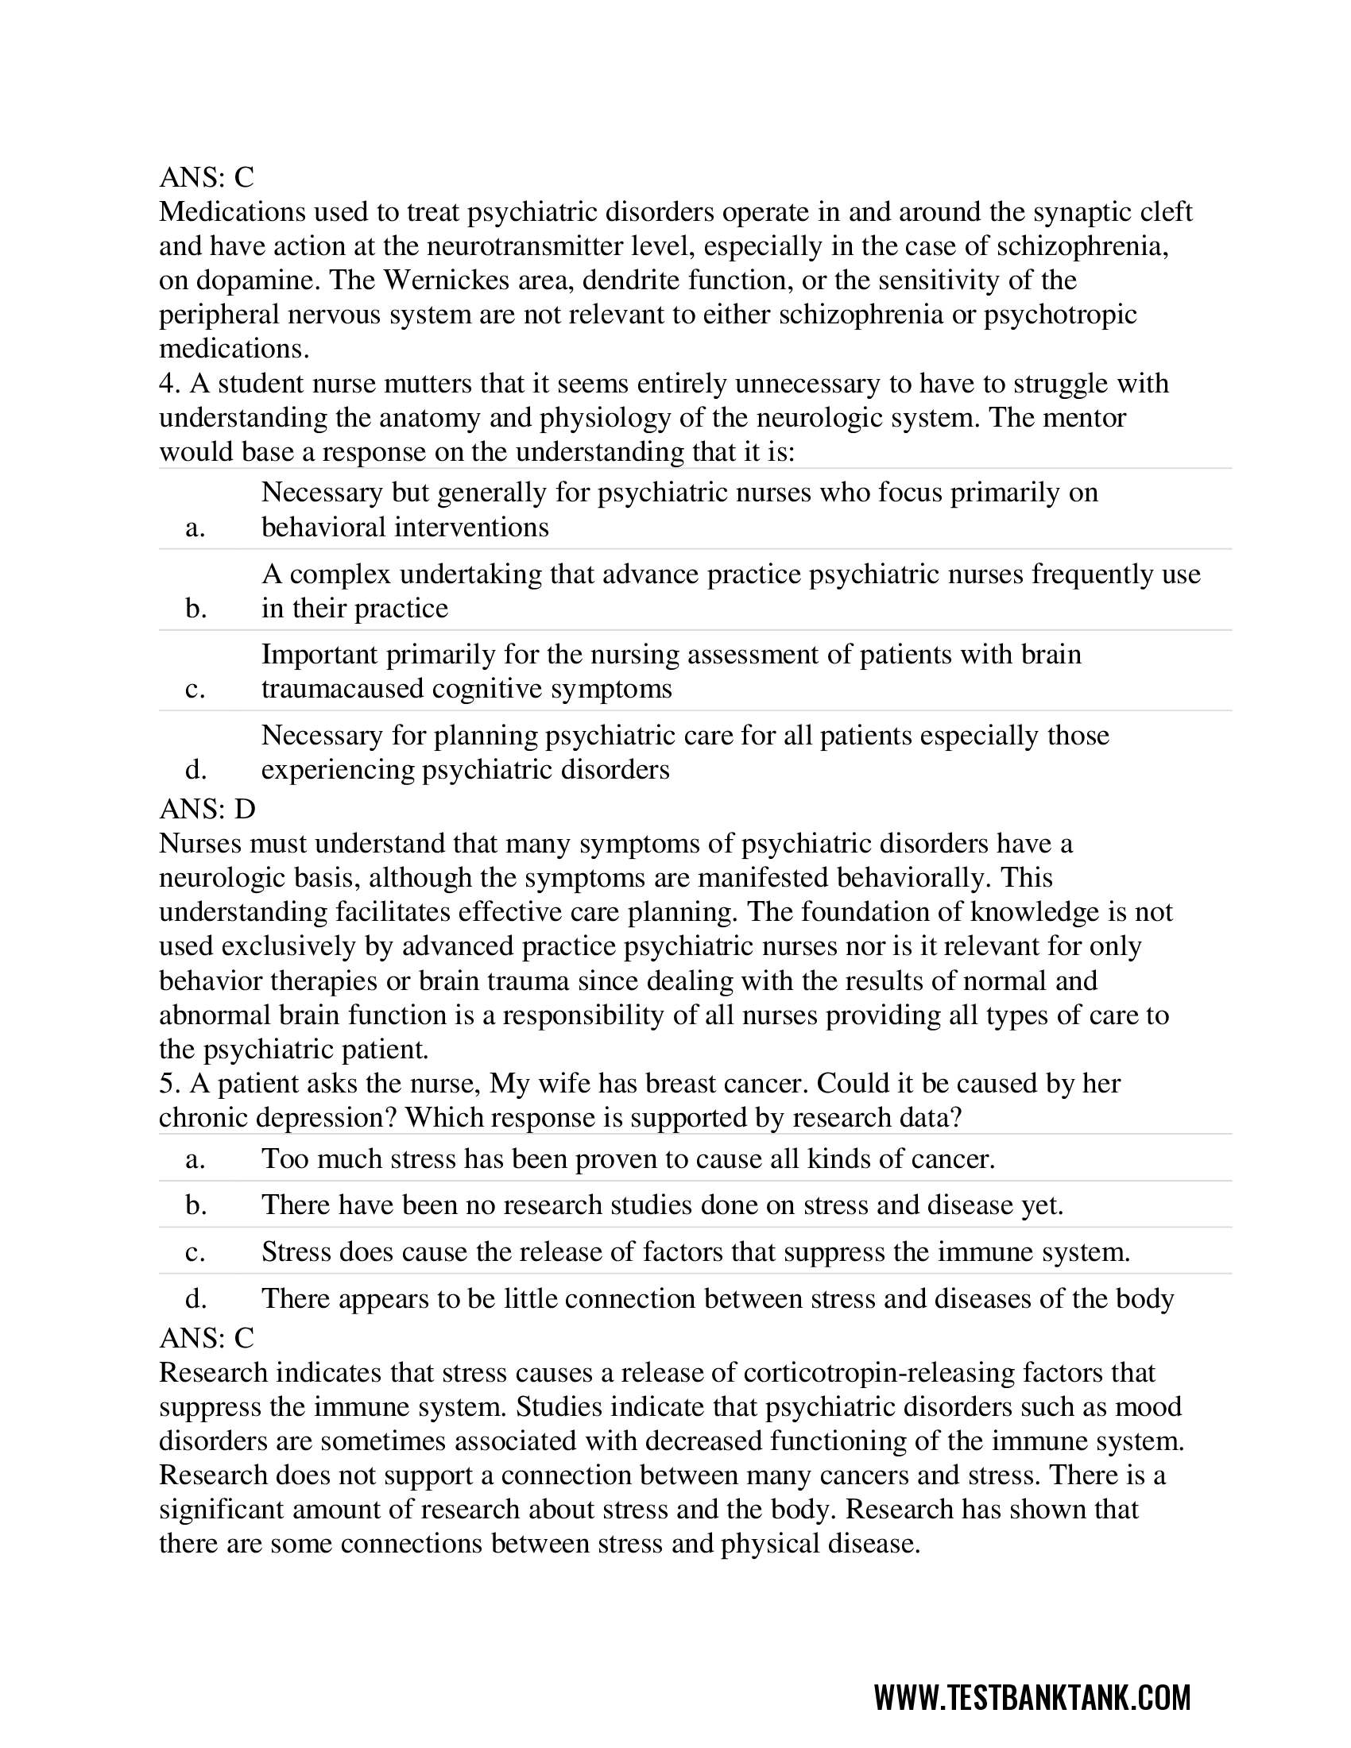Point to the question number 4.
point(167,384)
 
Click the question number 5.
point(167,1083)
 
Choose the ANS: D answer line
point(207,809)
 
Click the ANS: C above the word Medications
point(207,176)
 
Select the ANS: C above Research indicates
point(207,1337)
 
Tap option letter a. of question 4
point(195,528)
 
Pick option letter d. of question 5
point(195,1298)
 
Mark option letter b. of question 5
point(195,1205)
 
